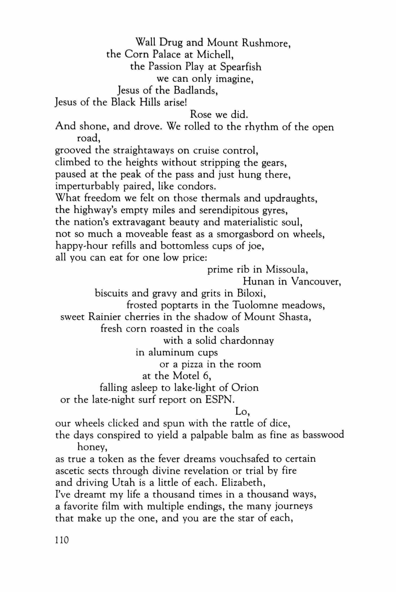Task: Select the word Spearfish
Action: click(x=241, y=67)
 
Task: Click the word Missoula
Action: click(x=286, y=270)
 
